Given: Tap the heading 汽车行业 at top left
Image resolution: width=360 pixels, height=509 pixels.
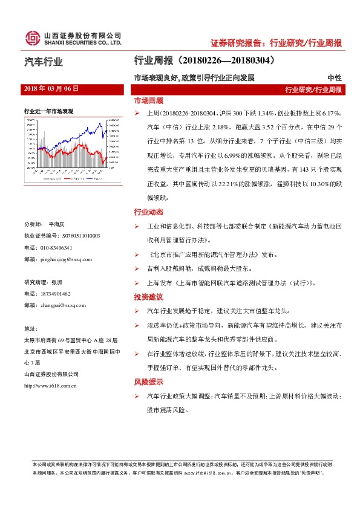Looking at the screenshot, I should coord(43,62).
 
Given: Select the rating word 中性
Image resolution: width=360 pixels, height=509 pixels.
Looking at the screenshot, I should coord(334,78).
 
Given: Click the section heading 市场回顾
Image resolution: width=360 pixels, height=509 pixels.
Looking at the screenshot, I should coord(148,100).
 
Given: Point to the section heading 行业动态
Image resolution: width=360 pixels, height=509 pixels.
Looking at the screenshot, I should coord(148,212).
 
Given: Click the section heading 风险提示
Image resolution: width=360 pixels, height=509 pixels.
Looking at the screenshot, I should coord(148,382).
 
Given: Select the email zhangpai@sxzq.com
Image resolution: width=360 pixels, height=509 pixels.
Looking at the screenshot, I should coord(62,305).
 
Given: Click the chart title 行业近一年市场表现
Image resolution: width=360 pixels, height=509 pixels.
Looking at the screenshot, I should coord(48,111).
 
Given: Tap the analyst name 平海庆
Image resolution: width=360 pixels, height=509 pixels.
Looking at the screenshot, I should coord(56,224).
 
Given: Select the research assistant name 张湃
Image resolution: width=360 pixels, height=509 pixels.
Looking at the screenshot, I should coord(57,282).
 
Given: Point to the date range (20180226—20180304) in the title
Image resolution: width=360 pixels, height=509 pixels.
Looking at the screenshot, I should coord(229,61).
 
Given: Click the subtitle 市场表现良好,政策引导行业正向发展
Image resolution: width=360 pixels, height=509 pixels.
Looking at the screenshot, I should coord(194,78).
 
